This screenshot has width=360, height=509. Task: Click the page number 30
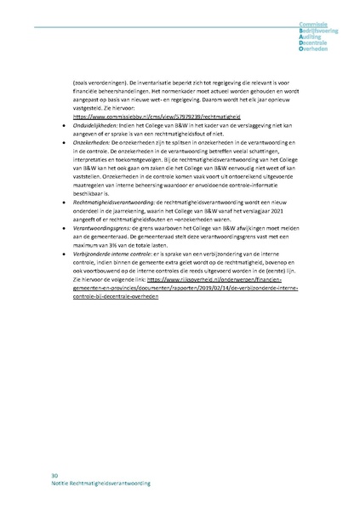pos(54,474)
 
